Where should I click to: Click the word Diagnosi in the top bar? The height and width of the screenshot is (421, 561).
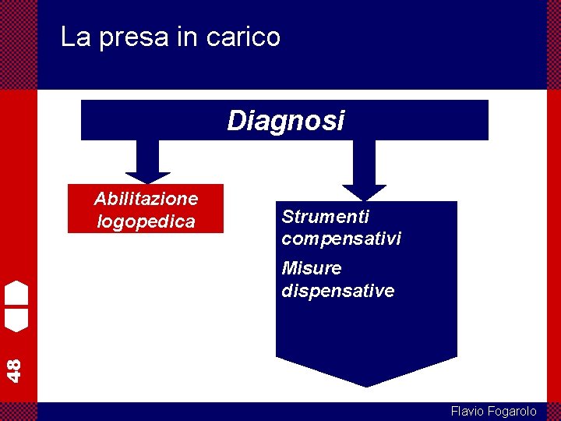point(285,121)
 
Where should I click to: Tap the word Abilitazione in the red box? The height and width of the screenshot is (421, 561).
point(146,198)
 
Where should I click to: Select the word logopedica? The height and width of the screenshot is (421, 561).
point(146,221)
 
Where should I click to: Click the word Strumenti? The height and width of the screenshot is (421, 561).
point(325,216)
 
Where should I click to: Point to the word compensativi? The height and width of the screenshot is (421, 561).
point(341,239)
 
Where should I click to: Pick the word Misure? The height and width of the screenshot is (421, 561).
point(312,268)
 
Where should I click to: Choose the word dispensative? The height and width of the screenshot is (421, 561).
point(338,291)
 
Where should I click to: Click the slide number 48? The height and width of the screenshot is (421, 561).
point(14,369)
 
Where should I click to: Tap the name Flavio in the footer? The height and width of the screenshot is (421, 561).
point(467,411)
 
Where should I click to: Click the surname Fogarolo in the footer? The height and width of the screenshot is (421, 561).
point(512,411)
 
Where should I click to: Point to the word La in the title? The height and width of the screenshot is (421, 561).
point(76,37)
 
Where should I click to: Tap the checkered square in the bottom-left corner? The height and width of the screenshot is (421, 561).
point(18,411)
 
